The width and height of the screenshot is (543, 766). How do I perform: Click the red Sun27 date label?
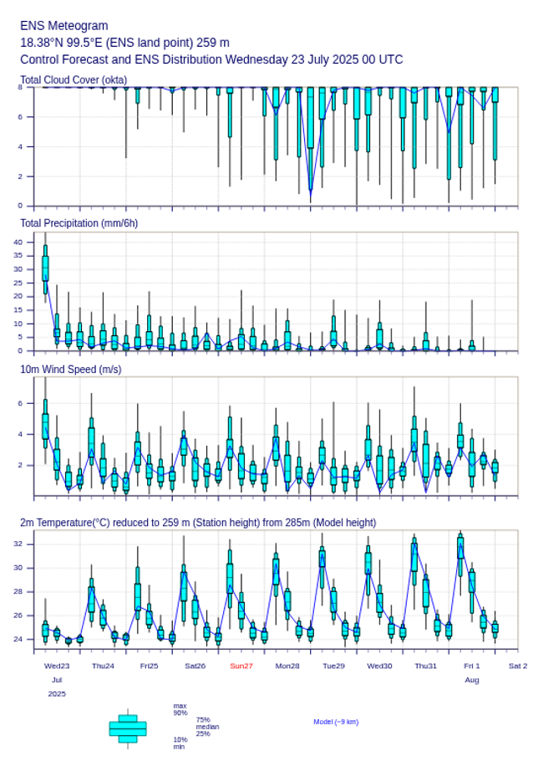(241, 666)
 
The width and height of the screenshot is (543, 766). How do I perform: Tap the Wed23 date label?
(57, 666)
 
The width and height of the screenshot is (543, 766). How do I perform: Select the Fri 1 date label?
(472, 666)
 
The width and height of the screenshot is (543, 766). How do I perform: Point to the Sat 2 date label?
(518, 666)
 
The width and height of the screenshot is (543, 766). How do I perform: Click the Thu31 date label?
(426, 666)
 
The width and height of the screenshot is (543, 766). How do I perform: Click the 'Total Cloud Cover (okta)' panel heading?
(74, 79)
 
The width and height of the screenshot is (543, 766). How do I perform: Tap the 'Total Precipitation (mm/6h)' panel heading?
(79, 222)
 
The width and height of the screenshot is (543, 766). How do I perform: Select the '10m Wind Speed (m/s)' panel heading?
(70, 369)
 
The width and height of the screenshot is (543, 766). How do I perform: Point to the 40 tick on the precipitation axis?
(18, 242)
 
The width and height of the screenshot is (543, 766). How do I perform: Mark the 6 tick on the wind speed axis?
(21, 403)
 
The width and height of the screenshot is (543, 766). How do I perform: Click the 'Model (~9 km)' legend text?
(336, 722)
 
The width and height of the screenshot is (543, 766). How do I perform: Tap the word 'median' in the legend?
(207, 727)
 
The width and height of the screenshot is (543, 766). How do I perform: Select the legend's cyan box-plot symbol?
(128, 728)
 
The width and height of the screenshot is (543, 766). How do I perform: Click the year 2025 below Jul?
(57, 694)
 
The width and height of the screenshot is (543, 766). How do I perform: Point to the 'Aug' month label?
(472, 680)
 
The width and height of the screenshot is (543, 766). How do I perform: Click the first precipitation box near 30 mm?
(45, 269)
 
